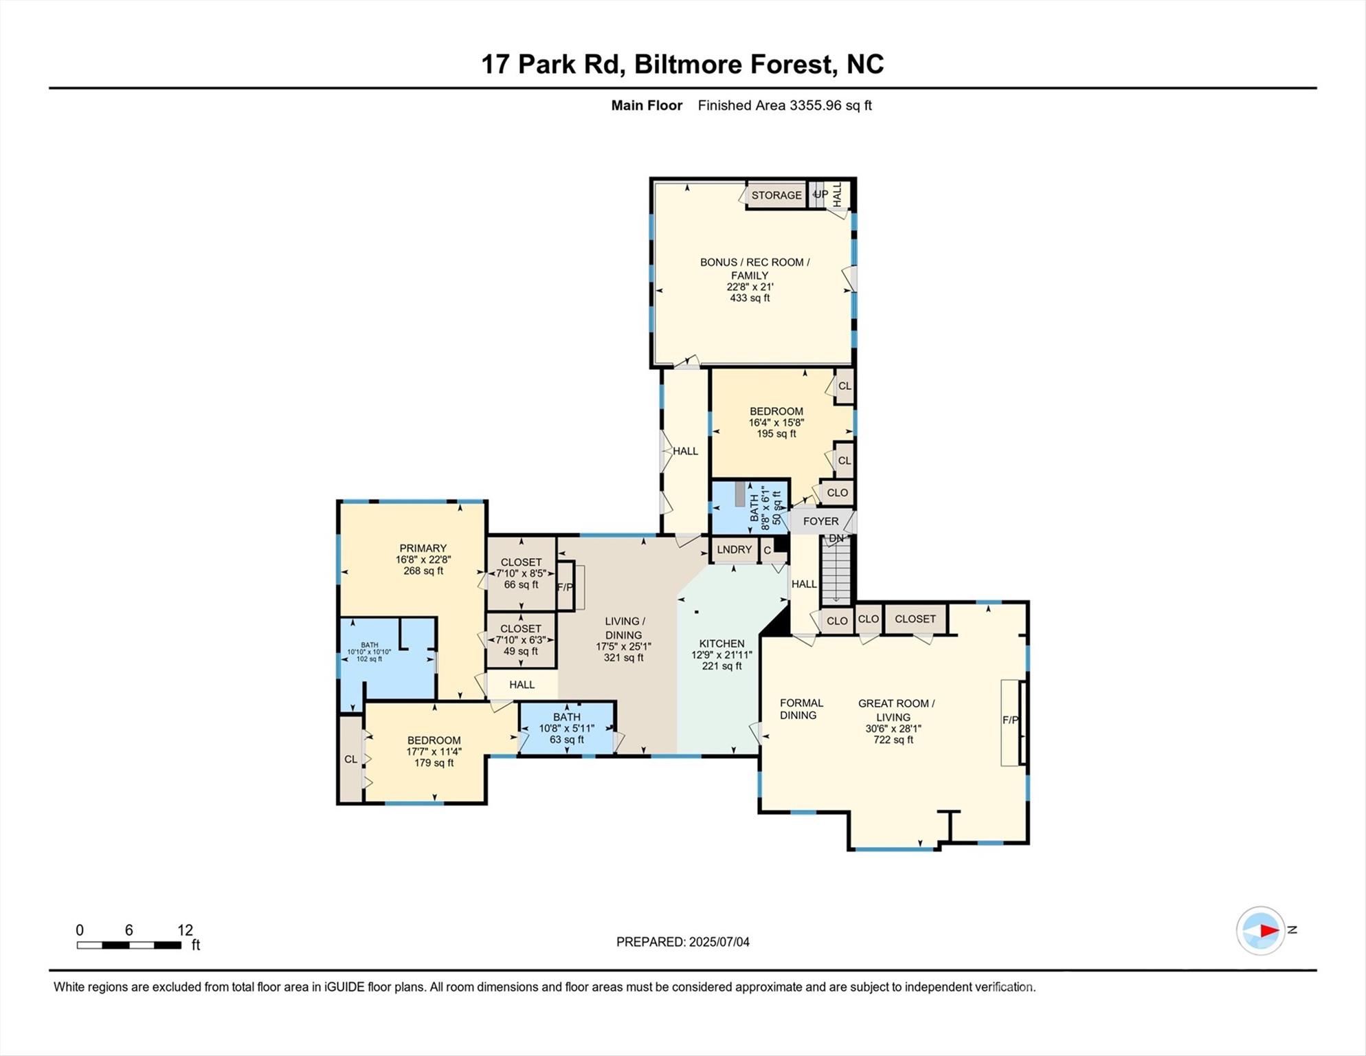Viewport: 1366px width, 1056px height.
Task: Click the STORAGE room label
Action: click(776, 195)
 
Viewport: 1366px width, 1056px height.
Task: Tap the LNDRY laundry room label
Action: click(734, 550)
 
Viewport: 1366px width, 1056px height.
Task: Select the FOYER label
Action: click(820, 521)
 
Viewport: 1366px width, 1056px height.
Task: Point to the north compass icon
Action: click(1261, 931)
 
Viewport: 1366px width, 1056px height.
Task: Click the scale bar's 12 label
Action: click(185, 930)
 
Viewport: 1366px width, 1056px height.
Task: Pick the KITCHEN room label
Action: click(721, 643)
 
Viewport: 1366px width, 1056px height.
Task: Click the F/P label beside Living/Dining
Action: click(564, 587)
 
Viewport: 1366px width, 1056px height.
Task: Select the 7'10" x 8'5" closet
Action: click(521, 573)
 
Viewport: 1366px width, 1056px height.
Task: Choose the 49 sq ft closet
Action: click(521, 640)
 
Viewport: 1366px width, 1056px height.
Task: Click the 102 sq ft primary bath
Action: click(370, 652)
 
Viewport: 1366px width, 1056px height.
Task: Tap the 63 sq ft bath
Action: click(566, 728)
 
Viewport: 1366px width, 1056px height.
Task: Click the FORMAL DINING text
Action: click(800, 709)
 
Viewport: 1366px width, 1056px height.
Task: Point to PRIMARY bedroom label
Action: click(423, 549)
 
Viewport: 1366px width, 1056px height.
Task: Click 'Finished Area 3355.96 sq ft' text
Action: click(785, 105)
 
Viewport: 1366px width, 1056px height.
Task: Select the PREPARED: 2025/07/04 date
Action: click(682, 942)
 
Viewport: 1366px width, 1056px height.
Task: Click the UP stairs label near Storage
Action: click(820, 195)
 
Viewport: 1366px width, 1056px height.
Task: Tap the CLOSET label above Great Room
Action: click(915, 619)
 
